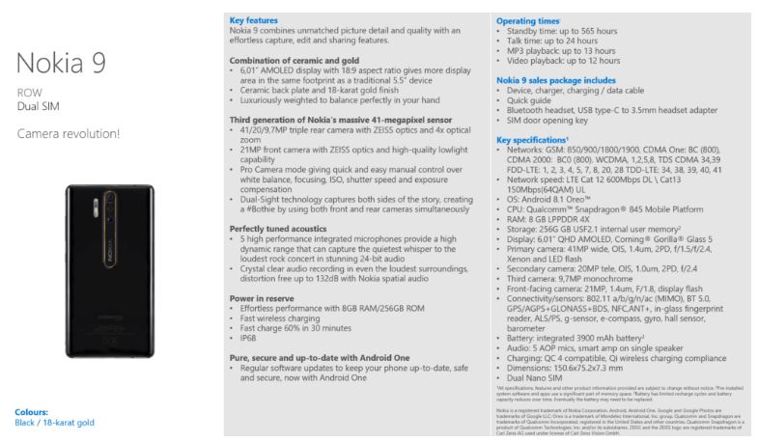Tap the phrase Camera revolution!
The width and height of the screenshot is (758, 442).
[x=69, y=132]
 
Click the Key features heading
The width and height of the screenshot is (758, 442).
[x=253, y=20]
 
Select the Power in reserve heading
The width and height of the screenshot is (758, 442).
[x=258, y=298]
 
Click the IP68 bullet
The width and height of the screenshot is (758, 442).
[x=249, y=340]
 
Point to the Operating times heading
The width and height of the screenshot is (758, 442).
[x=527, y=20]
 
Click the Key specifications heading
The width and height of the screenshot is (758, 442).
[x=532, y=139]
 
